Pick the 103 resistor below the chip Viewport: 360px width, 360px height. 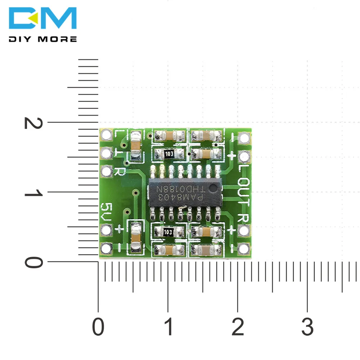tap(168, 232)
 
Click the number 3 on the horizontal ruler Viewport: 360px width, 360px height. tap(307, 328)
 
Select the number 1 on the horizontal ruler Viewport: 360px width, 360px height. tap(168, 328)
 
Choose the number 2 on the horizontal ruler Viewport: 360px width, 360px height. tap(238, 328)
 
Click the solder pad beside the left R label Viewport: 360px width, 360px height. tap(107, 171)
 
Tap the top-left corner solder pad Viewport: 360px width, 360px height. tap(107, 136)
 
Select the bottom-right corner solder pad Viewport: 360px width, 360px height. tap(244, 248)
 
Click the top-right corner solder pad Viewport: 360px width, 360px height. tap(244, 138)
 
